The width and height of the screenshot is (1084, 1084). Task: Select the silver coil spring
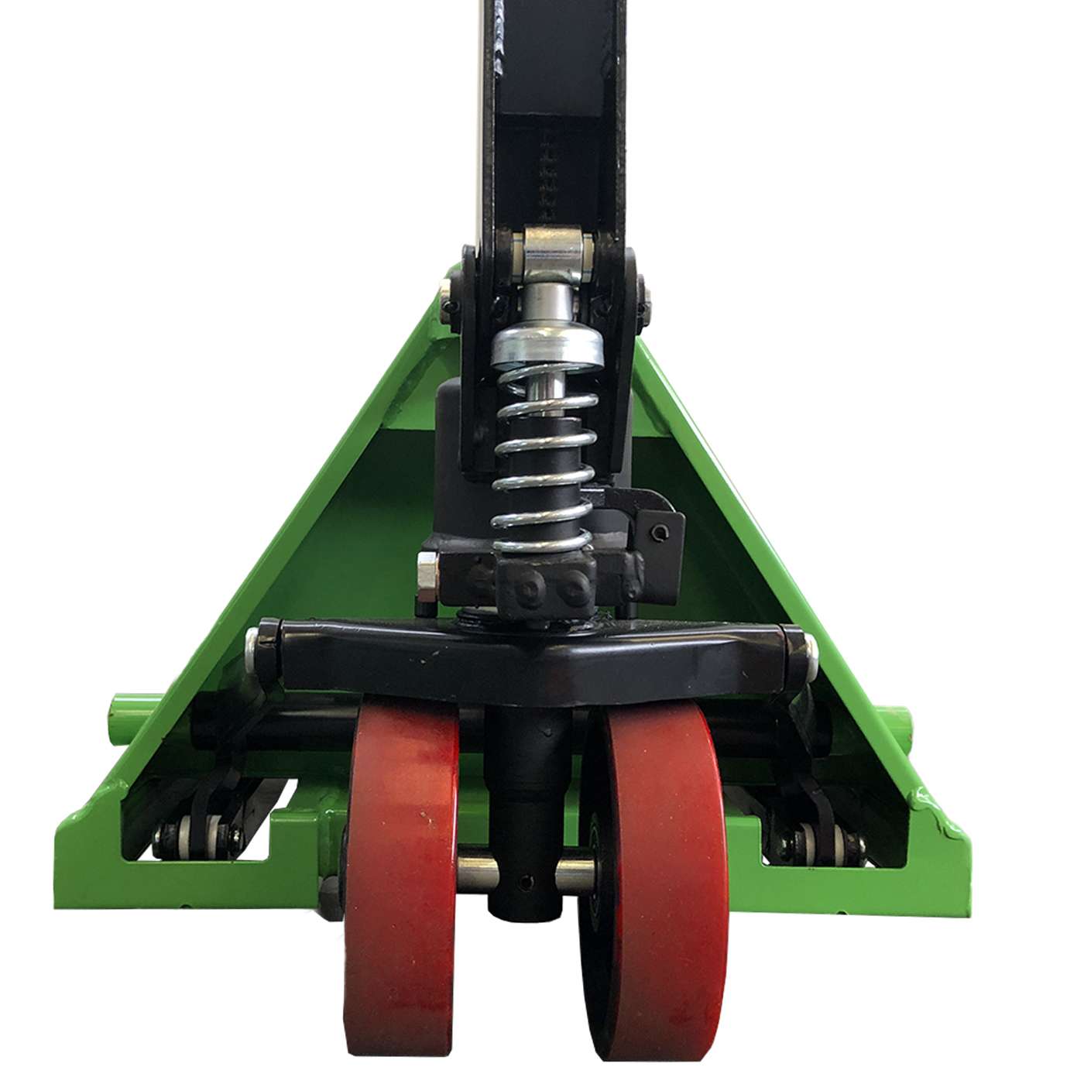pos(546,457)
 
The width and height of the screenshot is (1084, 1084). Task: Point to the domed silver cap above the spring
pos(547,341)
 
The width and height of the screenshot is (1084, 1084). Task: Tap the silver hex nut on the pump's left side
pos(426,578)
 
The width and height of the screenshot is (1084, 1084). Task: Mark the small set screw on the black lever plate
pos(659,531)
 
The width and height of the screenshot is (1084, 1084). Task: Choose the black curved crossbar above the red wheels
pos(534,658)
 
